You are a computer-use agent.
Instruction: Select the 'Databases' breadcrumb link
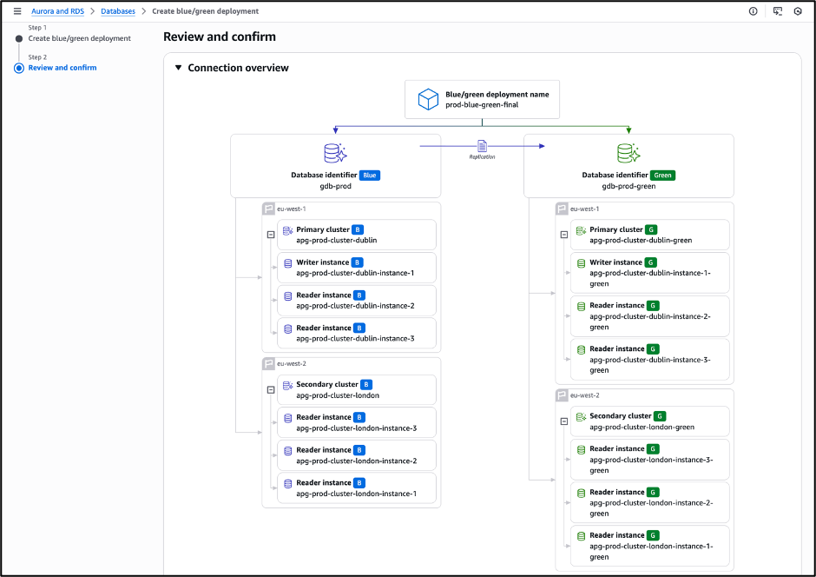118,11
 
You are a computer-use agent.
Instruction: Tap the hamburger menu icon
16,11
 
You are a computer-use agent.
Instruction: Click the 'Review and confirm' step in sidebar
63,68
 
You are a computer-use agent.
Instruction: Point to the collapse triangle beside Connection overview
178,68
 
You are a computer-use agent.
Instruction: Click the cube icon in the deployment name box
428,99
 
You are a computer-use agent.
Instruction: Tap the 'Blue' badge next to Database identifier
370,176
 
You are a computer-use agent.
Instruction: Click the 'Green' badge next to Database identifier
663,176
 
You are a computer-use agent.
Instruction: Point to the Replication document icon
483,145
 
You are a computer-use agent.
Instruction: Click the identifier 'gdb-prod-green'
628,186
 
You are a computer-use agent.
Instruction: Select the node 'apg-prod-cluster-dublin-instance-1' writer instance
356,268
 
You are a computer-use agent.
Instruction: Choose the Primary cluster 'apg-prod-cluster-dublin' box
356,235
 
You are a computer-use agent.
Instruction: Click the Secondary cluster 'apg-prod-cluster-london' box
356,390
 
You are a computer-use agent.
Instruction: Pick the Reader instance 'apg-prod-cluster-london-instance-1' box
356,488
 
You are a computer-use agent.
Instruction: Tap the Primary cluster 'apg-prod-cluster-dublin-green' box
649,235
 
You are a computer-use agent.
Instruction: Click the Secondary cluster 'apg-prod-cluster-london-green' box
649,421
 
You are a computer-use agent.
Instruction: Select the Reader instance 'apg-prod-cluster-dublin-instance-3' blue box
356,334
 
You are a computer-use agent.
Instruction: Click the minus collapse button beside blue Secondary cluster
270,390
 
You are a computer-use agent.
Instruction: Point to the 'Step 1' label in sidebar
37,28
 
